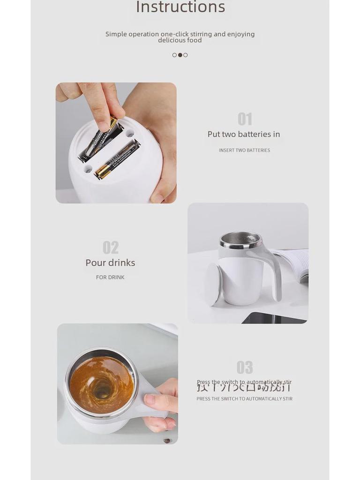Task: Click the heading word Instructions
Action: point(180,7)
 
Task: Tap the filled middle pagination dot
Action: point(180,55)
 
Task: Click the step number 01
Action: point(245,119)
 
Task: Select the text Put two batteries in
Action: point(244,134)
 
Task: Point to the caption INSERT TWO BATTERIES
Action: point(244,150)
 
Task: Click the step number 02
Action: point(111,247)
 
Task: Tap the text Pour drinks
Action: point(110,263)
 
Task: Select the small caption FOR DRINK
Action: point(110,277)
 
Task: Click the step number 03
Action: point(245,367)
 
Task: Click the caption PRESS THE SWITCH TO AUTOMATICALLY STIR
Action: point(244,399)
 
